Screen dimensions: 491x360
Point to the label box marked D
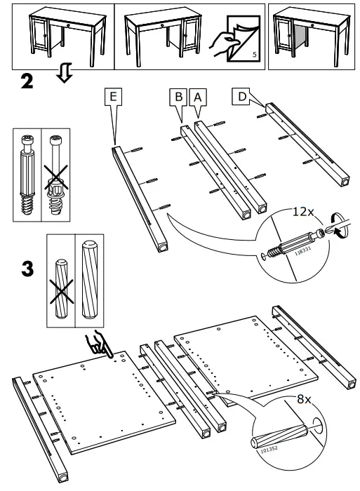coord(241,96)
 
